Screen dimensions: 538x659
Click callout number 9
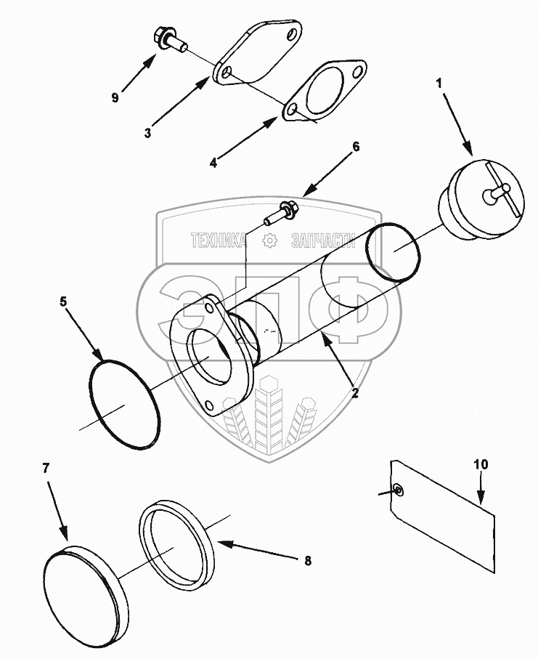pos(115,97)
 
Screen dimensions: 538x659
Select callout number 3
pos(147,133)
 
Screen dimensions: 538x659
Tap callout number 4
pos(213,163)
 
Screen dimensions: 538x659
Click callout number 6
pos(356,146)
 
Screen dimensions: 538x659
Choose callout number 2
pos(355,393)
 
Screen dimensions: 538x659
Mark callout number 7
pos(45,467)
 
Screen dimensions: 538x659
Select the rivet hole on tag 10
pos(399,490)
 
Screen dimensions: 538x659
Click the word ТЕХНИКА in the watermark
pos(217,241)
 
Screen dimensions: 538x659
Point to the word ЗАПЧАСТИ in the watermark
pos(322,241)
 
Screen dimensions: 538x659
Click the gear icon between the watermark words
pos(269,241)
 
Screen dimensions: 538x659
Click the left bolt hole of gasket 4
pos(291,110)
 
